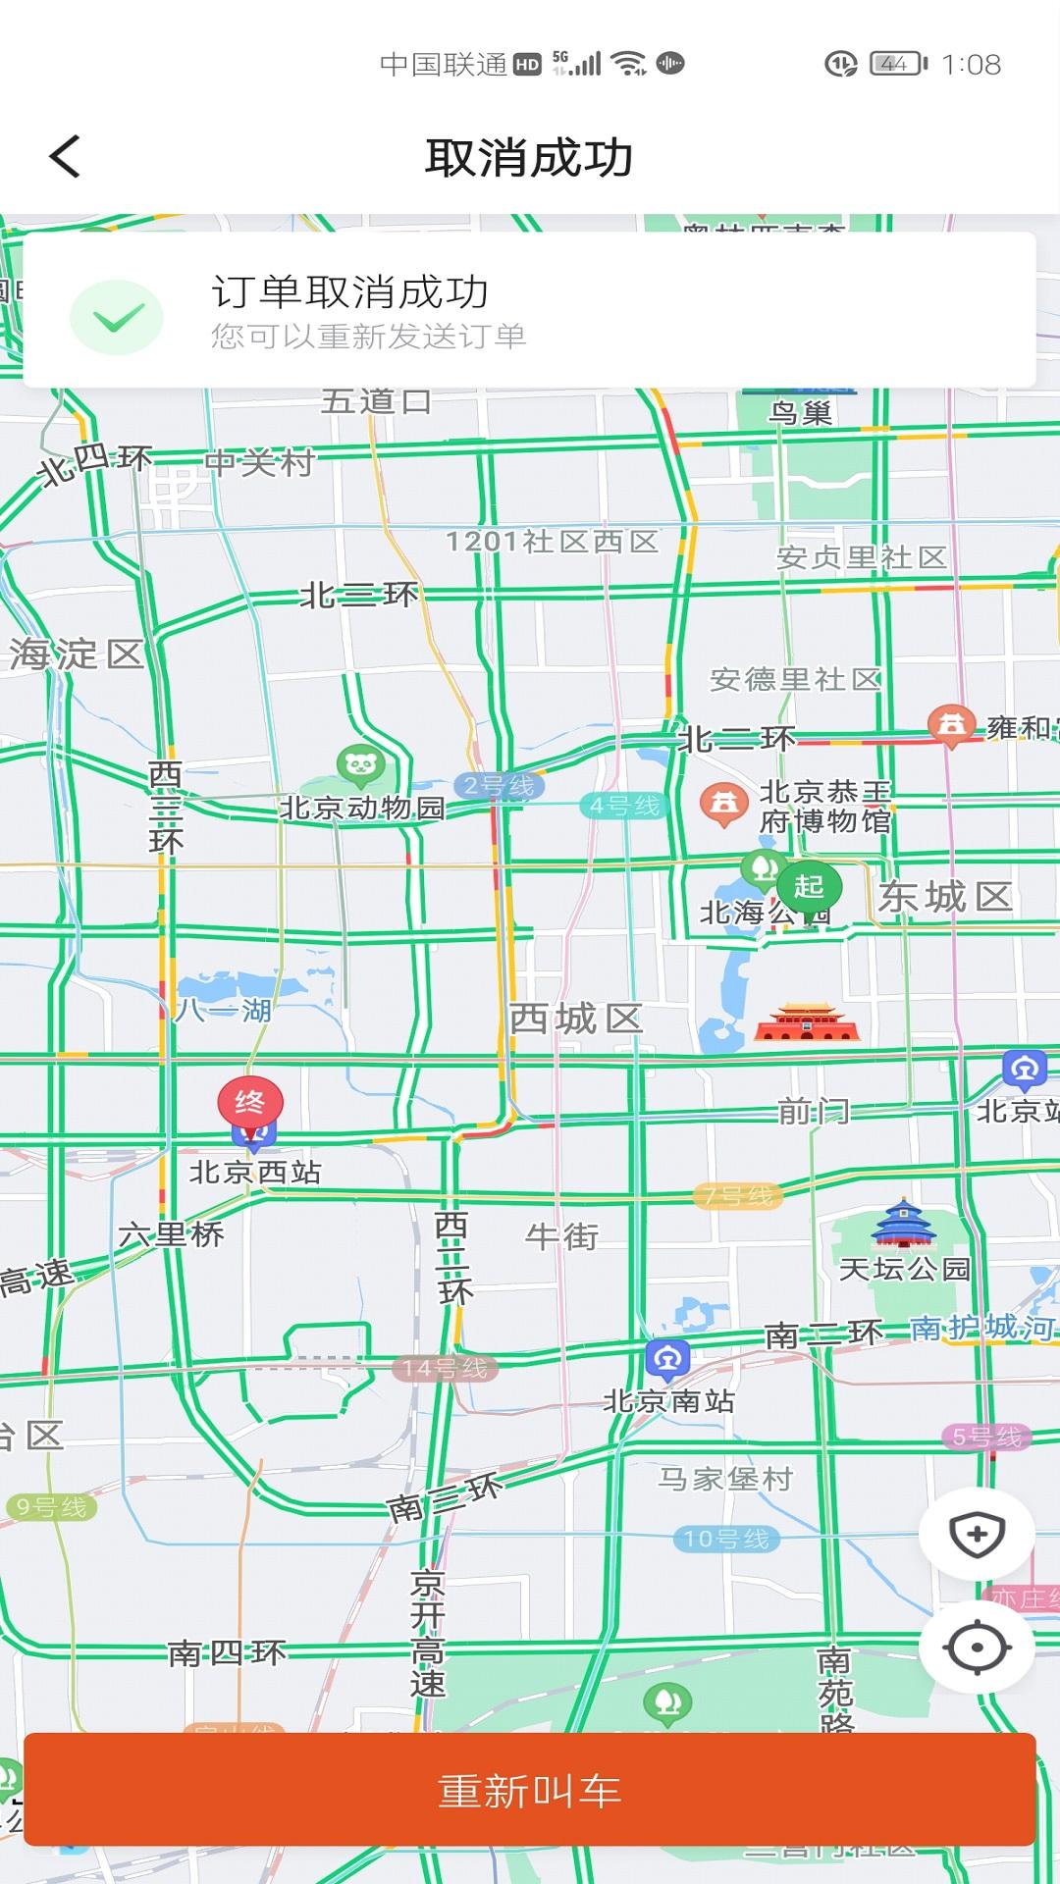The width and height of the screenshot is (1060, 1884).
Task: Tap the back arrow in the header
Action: (x=65, y=157)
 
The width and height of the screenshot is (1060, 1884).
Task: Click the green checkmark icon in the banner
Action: (x=117, y=317)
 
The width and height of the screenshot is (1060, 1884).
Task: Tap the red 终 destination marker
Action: (x=250, y=1103)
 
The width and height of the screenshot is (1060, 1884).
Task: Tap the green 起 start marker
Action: (x=809, y=886)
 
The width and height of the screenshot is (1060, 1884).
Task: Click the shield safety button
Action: (x=977, y=1534)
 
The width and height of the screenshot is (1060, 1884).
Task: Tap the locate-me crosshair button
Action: (x=977, y=1648)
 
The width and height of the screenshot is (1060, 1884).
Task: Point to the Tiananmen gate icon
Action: (x=807, y=1022)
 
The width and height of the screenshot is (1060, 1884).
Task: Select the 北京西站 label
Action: (x=255, y=1172)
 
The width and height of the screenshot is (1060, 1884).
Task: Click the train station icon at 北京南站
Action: (x=668, y=1359)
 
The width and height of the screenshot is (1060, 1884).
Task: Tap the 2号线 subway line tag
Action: (x=499, y=786)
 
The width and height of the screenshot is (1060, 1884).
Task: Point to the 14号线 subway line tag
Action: (x=445, y=1368)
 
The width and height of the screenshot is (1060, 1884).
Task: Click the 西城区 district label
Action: (x=575, y=1019)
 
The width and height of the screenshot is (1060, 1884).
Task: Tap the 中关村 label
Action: (x=260, y=462)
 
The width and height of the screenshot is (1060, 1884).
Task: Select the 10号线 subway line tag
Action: (x=726, y=1539)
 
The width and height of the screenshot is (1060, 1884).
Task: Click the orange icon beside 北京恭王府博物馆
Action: (x=724, y=803)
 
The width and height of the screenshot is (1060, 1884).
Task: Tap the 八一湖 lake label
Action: (x=223, y=1010)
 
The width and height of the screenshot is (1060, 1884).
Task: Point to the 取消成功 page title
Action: (x=529, y=158)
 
